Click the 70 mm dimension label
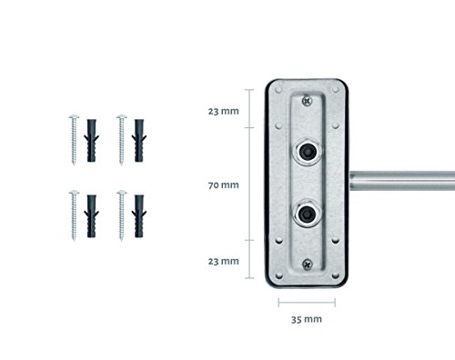(224, 185)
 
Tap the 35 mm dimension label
(307, 319)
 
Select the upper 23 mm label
(224, 111)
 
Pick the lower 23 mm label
(224, 261)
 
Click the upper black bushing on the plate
(307, 151)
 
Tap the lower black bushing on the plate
(307, 215)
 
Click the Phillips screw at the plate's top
(308, 100)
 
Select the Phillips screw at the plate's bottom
(308, 265)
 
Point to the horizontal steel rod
(402, 181)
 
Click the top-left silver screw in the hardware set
(74, 140)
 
